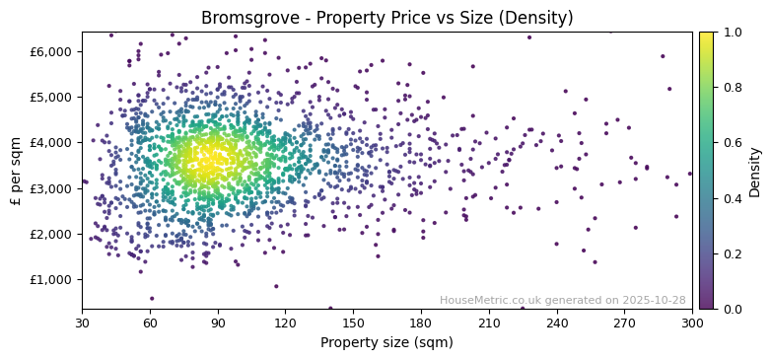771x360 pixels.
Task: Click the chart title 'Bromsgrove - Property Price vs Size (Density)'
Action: tap(386, 18)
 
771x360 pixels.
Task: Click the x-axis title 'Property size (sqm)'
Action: tap(386, 343)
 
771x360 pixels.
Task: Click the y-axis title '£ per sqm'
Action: tap(16, 171)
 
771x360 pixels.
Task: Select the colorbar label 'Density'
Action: tap(754, 171)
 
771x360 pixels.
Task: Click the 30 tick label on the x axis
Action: tap(82, 323)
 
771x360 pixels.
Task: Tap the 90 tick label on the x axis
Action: tap(218, 323)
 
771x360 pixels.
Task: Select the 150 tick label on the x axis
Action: tap(353, 323)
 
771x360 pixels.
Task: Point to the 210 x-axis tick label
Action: tap(489, 323)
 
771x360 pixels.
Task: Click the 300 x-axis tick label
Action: tap(692, 323)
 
